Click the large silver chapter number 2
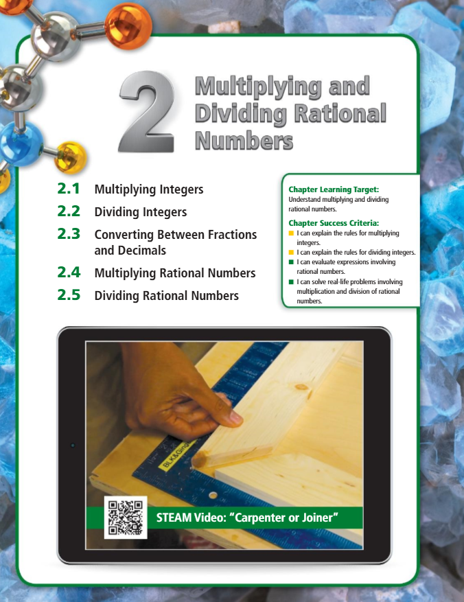[x=146, y=112]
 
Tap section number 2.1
[x=69, y=189]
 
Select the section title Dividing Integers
[x=141, y=212]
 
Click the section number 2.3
[x=69, y=234]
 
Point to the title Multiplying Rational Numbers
[x=175, y=273]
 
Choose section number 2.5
[x=69, y=295]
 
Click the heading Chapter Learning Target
[x=334, y=189]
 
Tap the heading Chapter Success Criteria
[x=334, y=223]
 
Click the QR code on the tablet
[x=126, y=518]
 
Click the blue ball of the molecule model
[x=20, y=144]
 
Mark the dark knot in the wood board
[x=301, y=387]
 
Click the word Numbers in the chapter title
[x=244, y=141]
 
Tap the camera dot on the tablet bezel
[x=73, y=445]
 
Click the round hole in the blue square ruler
[x=213, y=496]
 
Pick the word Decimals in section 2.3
[x=141, y=251]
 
